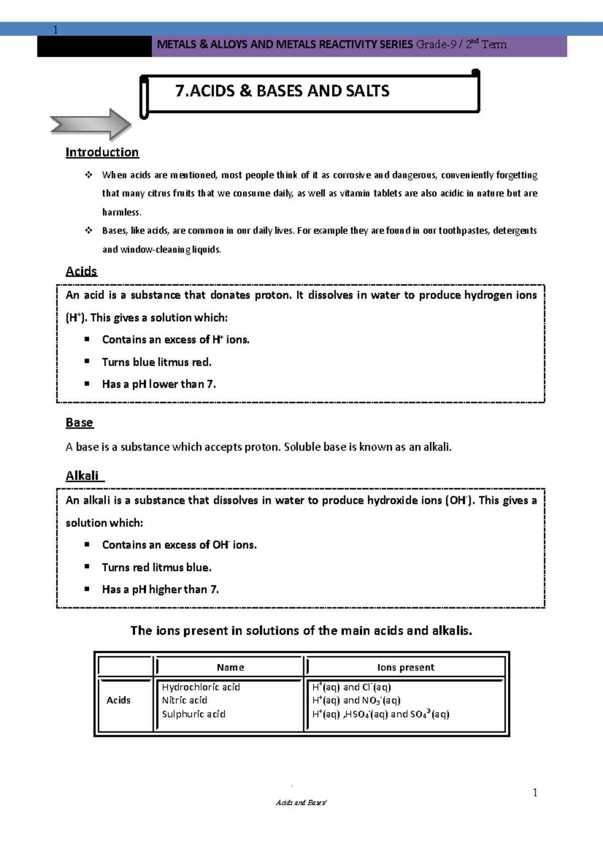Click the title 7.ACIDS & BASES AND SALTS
(282, 91)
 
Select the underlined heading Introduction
(102, 152)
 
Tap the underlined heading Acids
(81, 271)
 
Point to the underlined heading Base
(79, 422)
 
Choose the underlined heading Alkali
(83, 476)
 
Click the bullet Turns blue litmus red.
(156, 362)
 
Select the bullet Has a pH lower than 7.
(159, 384)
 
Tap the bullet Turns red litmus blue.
(156, 567)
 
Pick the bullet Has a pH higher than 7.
(160, 589)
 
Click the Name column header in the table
(230, 667)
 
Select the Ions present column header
(406, 667)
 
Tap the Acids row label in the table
(119, 700)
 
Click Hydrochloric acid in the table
(201, 687)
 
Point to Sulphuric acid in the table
(193, 714)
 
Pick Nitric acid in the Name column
(184, 700)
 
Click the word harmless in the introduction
(122, 212)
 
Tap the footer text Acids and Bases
(301, 803)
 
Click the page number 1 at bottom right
(535, 793)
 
